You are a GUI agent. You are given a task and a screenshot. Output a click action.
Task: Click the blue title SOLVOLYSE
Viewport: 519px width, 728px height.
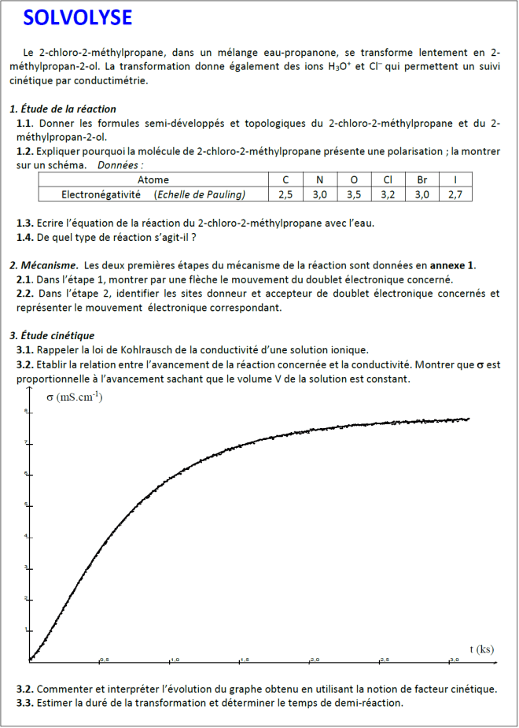tap(78, 18)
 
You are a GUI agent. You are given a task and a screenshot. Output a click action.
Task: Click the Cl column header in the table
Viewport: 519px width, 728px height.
tap(388, 180)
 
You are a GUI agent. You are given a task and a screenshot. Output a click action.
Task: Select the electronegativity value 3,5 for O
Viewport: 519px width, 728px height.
tap(354, 194)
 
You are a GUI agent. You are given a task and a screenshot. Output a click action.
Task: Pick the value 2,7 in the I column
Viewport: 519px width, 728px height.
tap(455, 194)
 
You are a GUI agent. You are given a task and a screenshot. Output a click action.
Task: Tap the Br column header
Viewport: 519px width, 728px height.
tap(422, 180)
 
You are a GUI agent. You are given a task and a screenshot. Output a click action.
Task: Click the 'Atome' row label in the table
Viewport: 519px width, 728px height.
tap(153, 180)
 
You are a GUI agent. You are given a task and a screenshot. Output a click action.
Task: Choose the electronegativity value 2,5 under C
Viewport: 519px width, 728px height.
tap(285, 194)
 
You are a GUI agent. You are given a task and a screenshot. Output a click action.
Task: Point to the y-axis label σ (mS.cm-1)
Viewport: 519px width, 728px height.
tap(75, 397)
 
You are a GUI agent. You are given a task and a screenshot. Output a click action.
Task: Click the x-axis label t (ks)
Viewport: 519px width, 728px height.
tap(482, 649)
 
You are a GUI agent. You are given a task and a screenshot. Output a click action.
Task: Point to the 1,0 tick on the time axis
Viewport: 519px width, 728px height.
tap(175, 660)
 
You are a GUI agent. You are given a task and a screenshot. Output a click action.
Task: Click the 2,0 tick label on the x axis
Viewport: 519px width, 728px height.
tap(315, 660)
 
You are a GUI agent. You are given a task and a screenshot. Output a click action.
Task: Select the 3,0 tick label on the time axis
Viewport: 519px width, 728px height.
tap(454, 660)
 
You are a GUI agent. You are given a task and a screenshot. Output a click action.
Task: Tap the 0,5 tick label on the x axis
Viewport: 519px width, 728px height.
tap(104, 660)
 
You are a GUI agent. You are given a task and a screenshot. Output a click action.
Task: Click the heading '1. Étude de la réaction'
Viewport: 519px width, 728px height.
tap(63, 109)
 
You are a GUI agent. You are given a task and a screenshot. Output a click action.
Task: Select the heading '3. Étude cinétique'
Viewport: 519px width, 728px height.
tap(52, 335)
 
